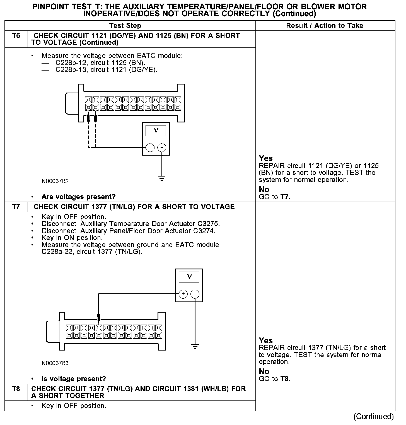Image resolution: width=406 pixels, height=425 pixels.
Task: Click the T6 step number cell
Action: (x=16, y=36)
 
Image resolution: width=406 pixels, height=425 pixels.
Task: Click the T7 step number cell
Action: (x=16, y=207)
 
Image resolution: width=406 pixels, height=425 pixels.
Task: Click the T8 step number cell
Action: (x=16, y=389)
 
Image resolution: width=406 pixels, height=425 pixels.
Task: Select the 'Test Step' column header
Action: (x=125, y=26)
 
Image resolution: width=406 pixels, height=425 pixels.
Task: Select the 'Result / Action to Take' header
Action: (x=325, y=26)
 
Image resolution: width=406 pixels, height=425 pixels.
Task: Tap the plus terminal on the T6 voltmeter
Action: (x=150, y=148)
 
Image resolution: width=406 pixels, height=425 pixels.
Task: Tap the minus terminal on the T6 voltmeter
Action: (x=162, y=148)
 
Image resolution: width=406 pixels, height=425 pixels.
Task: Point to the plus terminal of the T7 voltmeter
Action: (x=183, y=294)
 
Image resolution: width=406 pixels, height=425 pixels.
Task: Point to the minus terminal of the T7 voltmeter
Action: (x=195, y=294)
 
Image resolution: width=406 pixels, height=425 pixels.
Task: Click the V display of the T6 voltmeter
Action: (x=156, y=130)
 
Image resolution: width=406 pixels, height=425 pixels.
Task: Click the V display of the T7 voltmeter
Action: (x=189, y=277)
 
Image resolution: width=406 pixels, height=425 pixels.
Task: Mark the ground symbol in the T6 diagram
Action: (x=162, y=178)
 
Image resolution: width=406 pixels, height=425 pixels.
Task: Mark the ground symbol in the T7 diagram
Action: (x=195, y=347)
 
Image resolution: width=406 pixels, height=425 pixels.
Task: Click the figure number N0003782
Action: (x=55, y=181)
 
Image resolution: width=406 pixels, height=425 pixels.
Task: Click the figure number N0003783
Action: (x=55, y=363)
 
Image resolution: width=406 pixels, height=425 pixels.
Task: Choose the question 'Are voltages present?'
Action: (x=78, y=197)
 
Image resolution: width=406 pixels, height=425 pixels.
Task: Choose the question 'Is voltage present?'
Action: (x=74, y=379)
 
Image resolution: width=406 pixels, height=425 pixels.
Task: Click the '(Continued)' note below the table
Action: (x=373, y=416)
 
